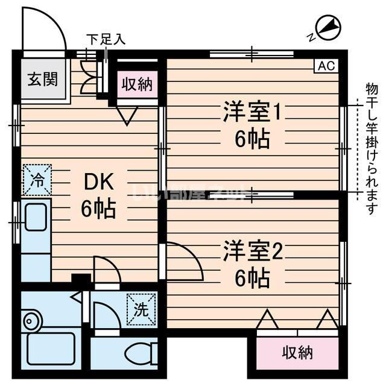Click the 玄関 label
point(42,78)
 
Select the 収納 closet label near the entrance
point(137,84)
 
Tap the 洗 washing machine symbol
point(140,310)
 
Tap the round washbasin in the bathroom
point(31,321)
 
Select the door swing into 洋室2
point(184,259)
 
